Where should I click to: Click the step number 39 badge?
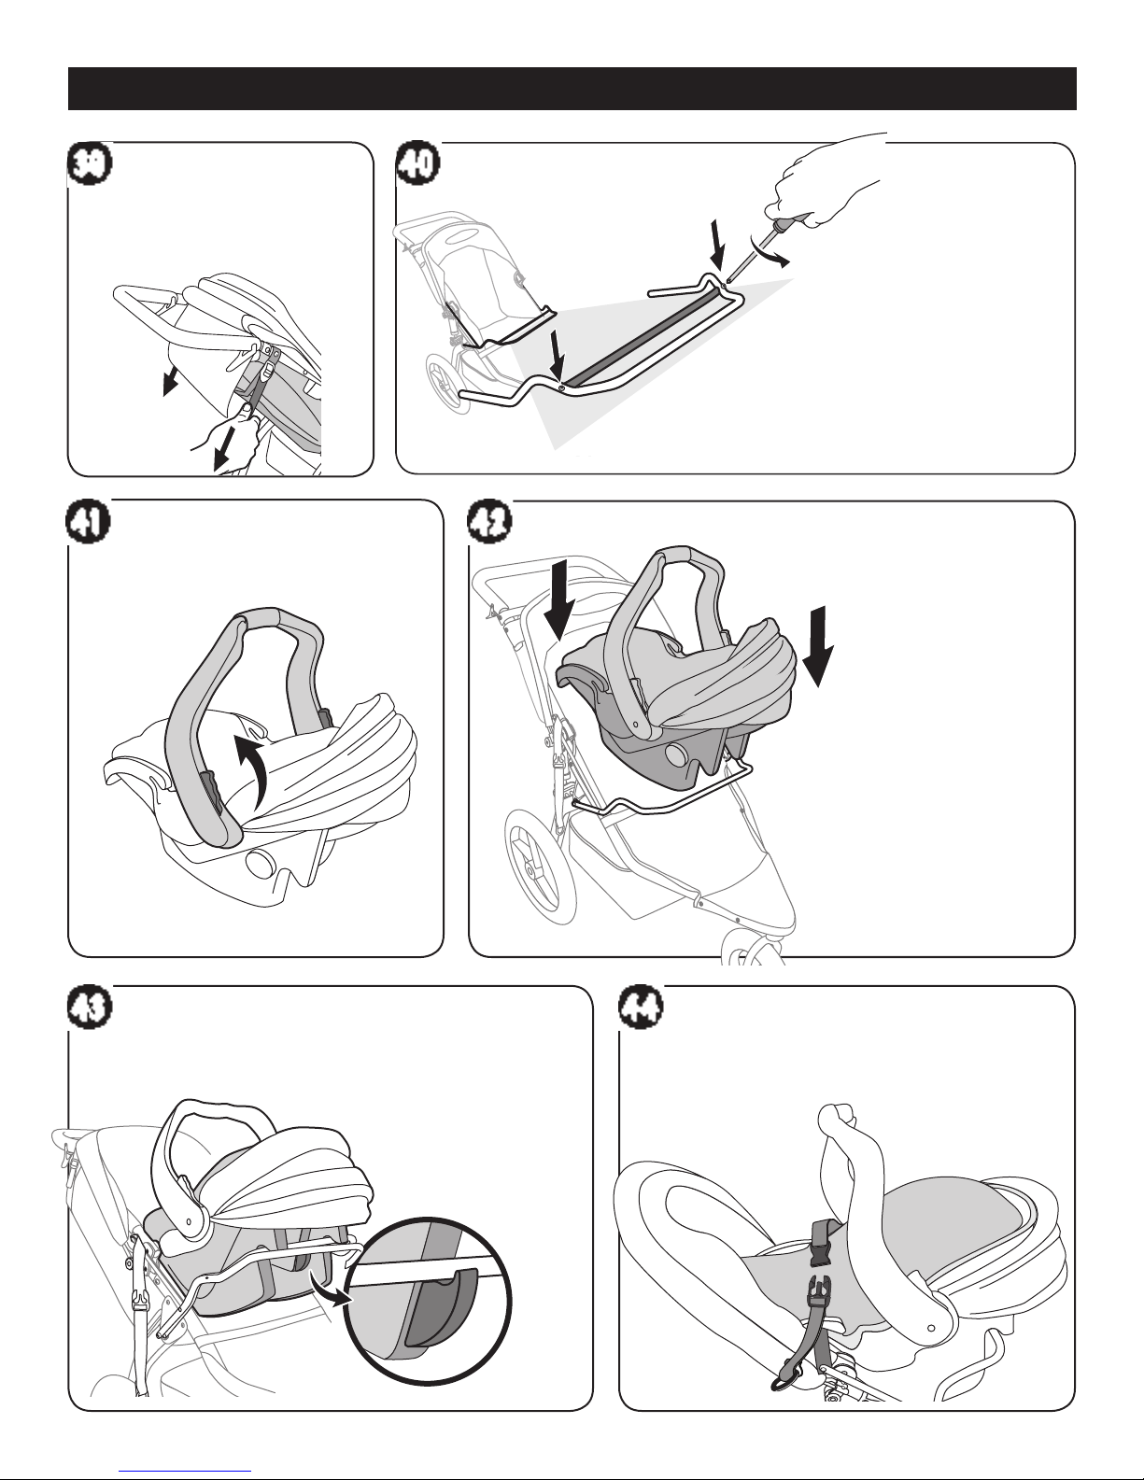[90, 164]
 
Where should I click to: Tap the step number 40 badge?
[418, 164]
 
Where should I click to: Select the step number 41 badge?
[89, 522]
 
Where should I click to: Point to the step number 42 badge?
[490, 522]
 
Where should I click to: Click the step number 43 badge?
[90, 1007]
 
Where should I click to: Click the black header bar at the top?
[572, 89]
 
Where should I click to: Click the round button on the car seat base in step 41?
[260, 864]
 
